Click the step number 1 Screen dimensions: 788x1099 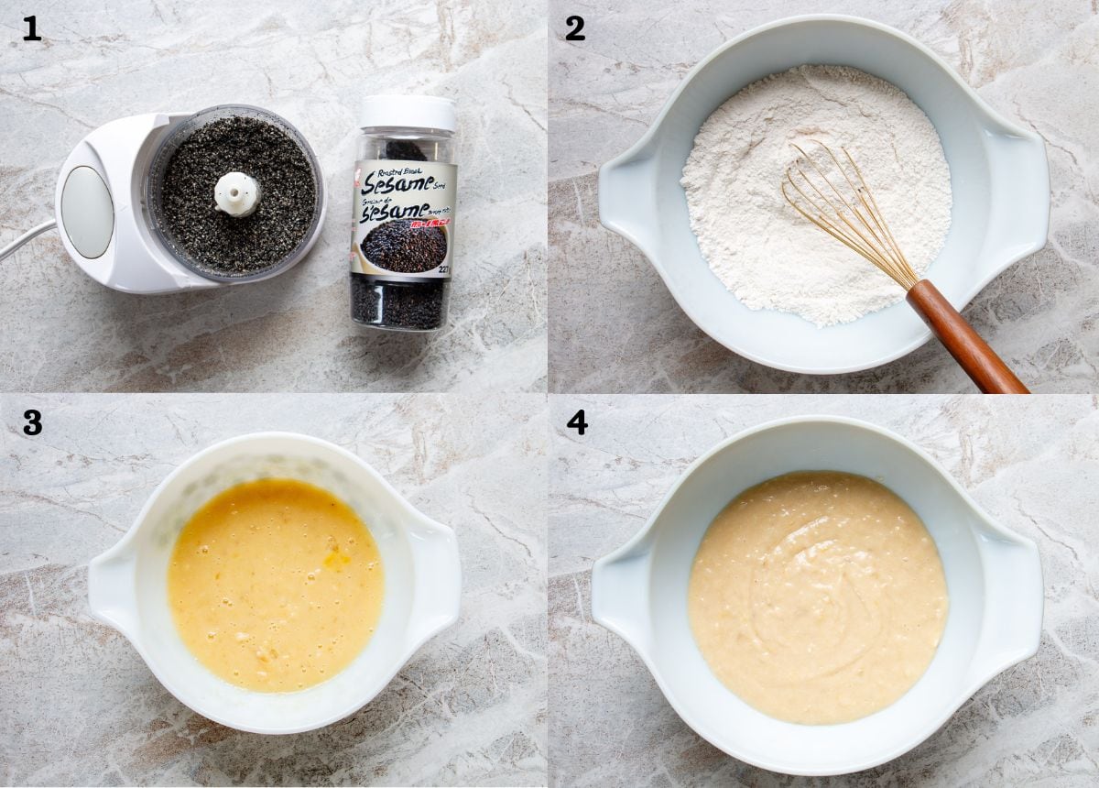(32, 28)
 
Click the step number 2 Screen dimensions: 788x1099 (575, 28)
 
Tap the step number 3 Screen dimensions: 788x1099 (32, 422)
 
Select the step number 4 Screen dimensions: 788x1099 (576, 422)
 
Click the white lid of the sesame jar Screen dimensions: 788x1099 (408, 112)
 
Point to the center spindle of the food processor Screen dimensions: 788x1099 (237, 192)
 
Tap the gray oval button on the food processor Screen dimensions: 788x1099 (88, 212)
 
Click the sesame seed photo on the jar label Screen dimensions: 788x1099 (404, 246)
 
